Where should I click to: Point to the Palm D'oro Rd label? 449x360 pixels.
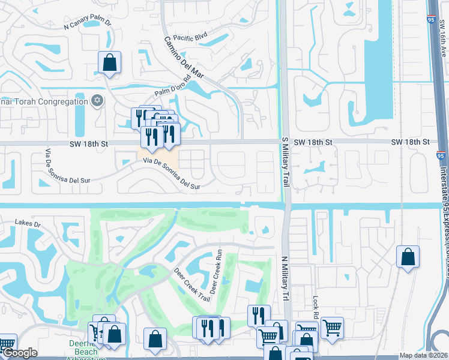click(x=172, y=89)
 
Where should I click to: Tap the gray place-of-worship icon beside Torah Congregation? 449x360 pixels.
click(x=97, y=101)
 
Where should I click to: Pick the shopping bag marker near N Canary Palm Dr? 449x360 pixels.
click(x=109, y=63)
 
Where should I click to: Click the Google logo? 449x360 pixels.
click(x=20, y=353)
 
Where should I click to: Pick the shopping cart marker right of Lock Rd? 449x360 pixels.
click(x=332, y=328)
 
